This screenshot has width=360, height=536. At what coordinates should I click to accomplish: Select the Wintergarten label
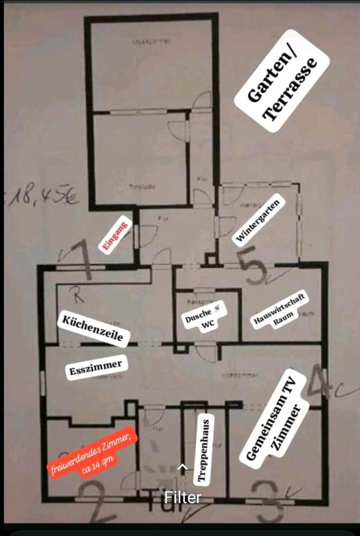[257, 220]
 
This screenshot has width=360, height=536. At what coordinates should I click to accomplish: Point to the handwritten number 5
[252, 267]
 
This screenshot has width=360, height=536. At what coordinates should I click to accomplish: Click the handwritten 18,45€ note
[42, 197]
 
